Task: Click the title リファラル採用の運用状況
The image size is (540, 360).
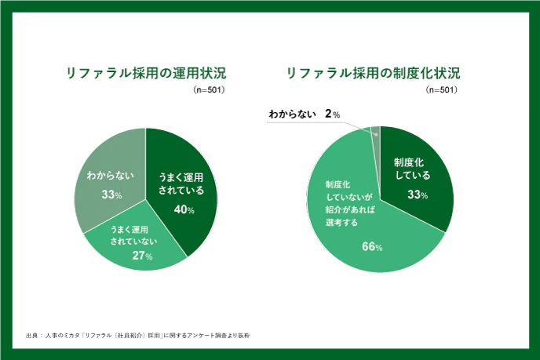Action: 145,75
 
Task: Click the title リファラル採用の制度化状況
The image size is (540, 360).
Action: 373,75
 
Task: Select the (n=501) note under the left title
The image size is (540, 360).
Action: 210,91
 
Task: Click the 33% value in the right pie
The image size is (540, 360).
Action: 417,195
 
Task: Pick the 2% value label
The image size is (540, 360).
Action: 332,115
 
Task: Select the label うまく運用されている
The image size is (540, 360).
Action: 181,184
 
